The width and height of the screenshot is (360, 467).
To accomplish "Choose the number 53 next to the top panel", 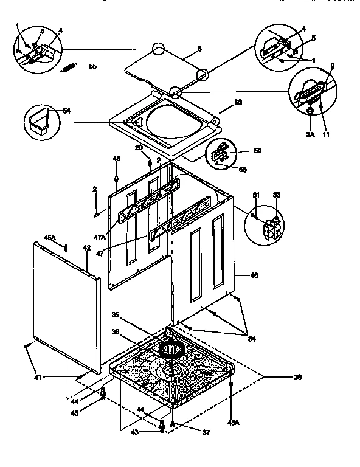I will [x=238, y=102].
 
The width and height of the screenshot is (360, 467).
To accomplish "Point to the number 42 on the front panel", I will [x=86, y=247].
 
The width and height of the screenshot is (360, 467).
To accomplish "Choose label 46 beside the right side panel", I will [x=254, y=275].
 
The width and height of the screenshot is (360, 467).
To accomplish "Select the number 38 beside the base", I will [x=297, y=378].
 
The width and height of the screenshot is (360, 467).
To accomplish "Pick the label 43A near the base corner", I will [x=233, y=406].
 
